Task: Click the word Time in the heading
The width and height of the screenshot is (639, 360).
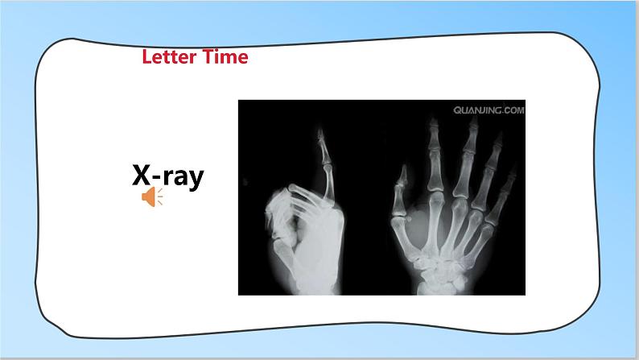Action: [x=225, y=56]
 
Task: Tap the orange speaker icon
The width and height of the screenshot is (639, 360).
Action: [x=152, y=197]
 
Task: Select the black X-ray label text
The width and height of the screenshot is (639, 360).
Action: [x=168, y=176]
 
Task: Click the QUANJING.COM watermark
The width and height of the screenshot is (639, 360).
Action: [x=489, y=110]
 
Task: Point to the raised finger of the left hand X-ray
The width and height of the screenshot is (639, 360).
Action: [x=326, y=163]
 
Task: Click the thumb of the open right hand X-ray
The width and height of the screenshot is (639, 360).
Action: [x=399, y=196]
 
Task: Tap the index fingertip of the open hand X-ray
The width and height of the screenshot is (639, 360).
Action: [x=434, y=122]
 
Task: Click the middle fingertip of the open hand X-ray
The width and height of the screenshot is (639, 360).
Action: [x=473, y=122]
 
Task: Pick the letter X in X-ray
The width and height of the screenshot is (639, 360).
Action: [x=142, y=175]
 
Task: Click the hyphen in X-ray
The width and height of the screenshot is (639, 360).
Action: [x=157, y=177]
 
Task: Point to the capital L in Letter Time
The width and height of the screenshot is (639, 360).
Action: [x=147, y=56]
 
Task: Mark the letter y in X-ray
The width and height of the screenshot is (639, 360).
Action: [x=196, y=180]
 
